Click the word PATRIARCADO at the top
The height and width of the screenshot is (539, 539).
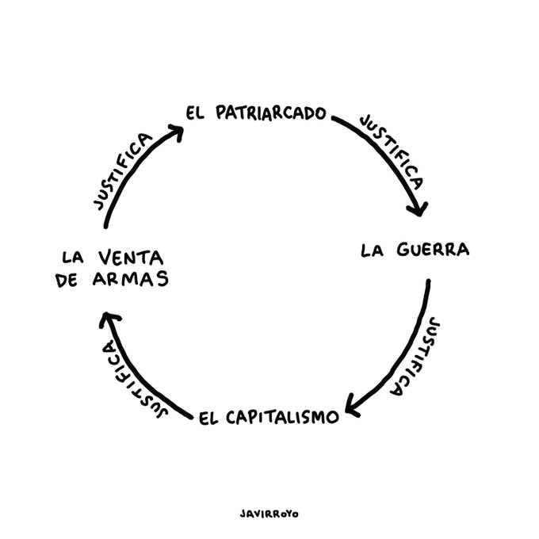coord(270,113)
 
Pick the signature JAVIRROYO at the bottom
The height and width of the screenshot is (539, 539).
coord(269,513)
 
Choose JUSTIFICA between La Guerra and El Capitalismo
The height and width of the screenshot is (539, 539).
coord(413,356)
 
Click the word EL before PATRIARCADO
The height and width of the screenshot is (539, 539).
coord(196,113)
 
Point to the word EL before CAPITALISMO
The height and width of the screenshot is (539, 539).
coord(208,417)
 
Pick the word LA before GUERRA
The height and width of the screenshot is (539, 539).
coord(373,251)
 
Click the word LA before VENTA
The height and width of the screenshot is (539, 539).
coord(72,258)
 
